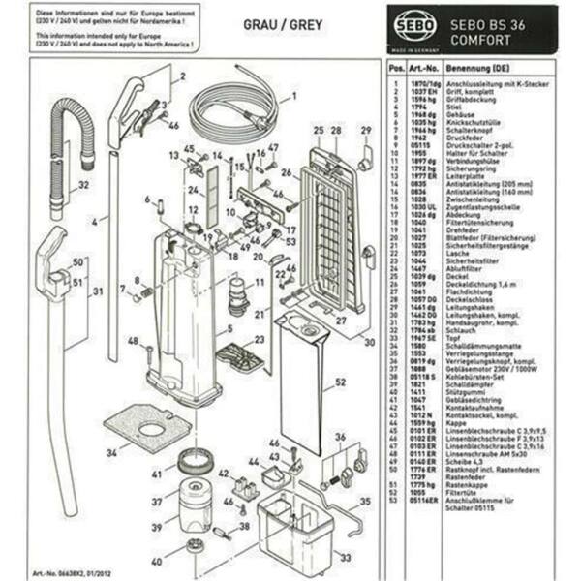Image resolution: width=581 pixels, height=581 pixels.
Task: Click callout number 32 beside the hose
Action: coord(84,185)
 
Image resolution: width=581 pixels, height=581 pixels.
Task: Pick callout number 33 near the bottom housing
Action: coord(345,557)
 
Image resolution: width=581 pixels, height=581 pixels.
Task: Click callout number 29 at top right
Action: coord(365,131)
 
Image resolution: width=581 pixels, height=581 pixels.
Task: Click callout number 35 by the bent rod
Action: coord(364,501)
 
